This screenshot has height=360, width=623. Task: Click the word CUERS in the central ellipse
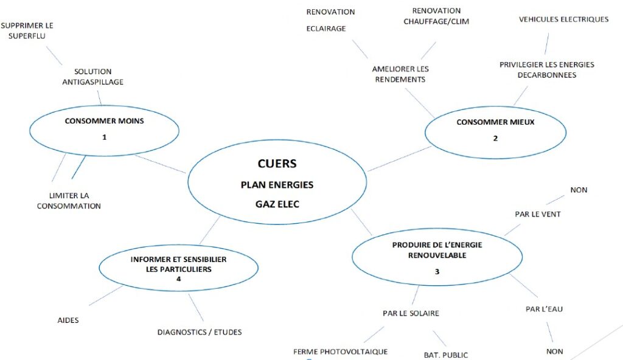[277, 164]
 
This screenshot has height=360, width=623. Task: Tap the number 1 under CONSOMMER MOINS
[105, 137]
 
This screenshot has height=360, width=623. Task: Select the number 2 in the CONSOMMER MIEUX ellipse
[495, 138]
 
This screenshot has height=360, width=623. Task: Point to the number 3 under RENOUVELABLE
[437, 271]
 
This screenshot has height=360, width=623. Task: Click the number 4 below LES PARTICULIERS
[178, 279]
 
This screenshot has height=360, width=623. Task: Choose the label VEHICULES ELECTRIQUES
[563, 19]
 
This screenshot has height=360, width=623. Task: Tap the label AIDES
[68, 320]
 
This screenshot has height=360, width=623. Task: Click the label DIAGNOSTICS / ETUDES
[200, 332]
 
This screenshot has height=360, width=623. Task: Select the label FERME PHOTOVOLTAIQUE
[340, 351]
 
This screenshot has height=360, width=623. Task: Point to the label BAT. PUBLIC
[446, 355]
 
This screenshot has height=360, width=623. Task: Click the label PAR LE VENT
[537, 214]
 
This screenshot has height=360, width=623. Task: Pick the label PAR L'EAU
[544, 309]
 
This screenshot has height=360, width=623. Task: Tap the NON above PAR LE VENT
[579, 190]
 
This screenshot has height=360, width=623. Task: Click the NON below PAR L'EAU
[554, 351]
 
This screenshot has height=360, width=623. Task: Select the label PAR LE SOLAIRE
[411, 313]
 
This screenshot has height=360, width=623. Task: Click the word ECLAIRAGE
[325, 29]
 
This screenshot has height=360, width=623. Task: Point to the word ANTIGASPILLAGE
[92, 82]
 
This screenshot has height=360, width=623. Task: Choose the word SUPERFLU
[27, 36]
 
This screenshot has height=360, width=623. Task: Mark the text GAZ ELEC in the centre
[277, 204]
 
